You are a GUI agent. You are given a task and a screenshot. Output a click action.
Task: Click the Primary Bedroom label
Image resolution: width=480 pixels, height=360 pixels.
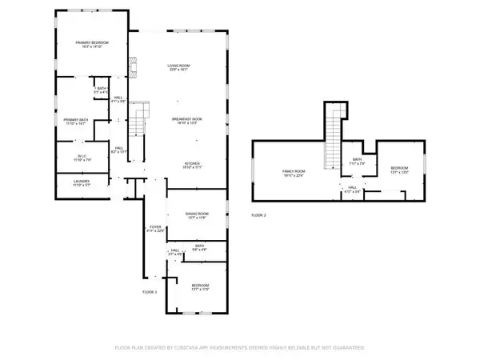92,44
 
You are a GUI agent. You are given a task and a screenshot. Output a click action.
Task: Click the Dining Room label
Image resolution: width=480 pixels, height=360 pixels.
198,215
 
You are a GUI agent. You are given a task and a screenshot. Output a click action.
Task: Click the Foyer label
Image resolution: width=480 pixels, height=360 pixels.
154,229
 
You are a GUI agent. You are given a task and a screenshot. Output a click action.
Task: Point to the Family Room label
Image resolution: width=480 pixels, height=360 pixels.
295,173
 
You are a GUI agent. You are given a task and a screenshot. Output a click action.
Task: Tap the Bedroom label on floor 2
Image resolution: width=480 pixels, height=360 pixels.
400,170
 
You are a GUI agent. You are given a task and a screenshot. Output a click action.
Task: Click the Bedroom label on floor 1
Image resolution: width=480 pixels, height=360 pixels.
199,287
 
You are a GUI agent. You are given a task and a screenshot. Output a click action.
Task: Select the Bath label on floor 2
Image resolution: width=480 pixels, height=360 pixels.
358,161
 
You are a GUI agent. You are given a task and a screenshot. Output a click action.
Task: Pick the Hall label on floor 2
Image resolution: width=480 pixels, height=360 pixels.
354,190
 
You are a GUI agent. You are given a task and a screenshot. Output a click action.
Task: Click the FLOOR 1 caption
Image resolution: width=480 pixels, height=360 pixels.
150,293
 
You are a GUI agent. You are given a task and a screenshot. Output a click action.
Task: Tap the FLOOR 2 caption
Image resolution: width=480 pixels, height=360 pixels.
258,215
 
